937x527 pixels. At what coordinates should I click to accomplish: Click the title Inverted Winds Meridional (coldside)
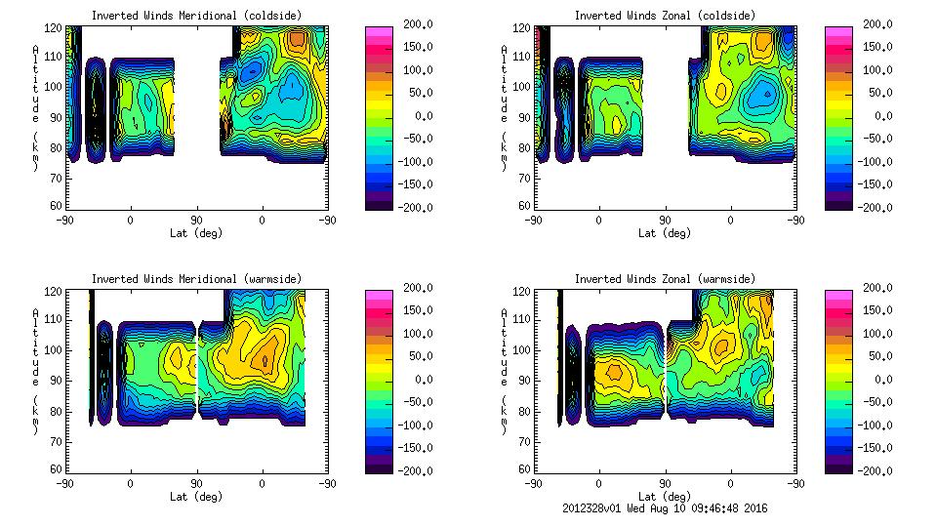pyautogui.click(x=196, y=16)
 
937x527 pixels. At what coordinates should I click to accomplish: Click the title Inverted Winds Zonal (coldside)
pyautogui.click(x=665, y=16)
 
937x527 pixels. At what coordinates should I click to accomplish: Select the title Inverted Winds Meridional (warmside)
pyautogui.click(x=196, y=279)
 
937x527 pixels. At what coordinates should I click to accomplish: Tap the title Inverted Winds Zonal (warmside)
pyautogui.click(x=665, y=279)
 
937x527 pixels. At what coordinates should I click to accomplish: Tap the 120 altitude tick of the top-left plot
pyautogui.click(x=57, y=29)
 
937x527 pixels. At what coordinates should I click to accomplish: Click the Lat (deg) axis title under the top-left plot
pyautogui.click(x=196, y=233)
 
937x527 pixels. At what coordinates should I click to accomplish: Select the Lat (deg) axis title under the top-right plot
pyautogui.click(x=665, y=233)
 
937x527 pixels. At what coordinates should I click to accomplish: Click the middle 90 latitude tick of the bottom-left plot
pyautogui.click(x=196, y=482)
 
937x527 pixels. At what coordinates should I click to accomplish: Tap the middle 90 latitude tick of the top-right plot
pyautogui.click(x=665, y=219)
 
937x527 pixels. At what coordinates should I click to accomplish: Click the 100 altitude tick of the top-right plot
pyautogui.click(x=525, y=86)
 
